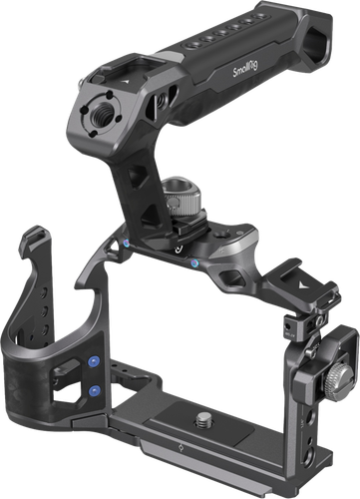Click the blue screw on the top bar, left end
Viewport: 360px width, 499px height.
coord(127,244)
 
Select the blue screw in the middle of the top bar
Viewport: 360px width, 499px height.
coord(195,262)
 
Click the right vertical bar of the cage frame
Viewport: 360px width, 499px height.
coord(300,399)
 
